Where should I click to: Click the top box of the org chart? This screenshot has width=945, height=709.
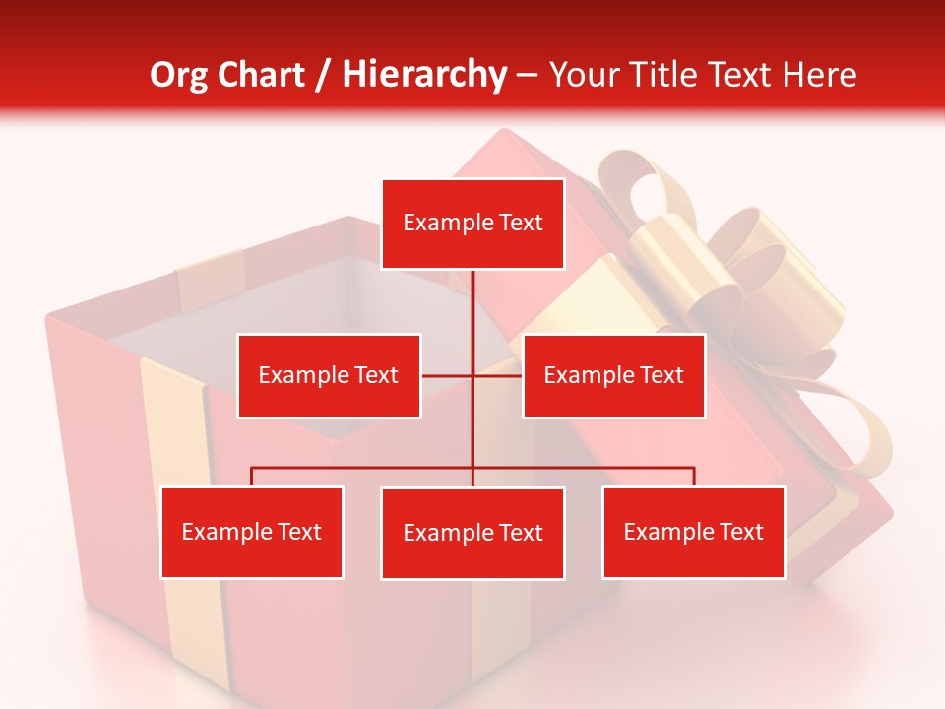pos(472,224)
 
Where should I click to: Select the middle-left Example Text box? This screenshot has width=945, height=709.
pos(329,375)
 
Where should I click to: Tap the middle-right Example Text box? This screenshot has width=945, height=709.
pos(613,375)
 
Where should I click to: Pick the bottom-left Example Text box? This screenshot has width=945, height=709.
pos(252,532)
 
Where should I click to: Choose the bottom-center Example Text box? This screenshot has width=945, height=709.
pos(472,533)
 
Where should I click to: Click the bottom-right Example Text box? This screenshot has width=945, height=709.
pos(693,532)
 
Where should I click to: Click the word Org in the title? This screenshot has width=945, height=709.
pos(177,75)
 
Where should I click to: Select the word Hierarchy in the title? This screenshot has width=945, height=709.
pos(423,75)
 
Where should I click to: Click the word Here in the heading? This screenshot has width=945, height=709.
pos(817,75)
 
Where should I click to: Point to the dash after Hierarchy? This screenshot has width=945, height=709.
pos(527,76)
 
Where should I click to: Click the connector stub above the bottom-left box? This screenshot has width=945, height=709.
pos(252,477)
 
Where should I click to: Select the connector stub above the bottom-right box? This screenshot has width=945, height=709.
pos(694,477)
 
